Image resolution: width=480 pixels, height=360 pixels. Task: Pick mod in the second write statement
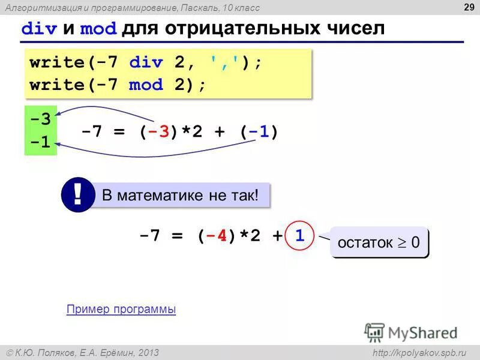146,85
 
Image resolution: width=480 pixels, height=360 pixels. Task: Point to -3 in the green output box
40,118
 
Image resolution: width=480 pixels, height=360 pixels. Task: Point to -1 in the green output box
40,143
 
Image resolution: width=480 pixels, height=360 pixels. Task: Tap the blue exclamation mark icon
77,196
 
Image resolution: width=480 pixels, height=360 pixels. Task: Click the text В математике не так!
180,196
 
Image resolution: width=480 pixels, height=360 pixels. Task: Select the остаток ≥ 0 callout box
379,243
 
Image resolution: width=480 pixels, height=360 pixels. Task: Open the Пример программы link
121,310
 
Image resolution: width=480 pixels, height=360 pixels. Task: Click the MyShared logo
411,332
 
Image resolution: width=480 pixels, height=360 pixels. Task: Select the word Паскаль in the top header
201,7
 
